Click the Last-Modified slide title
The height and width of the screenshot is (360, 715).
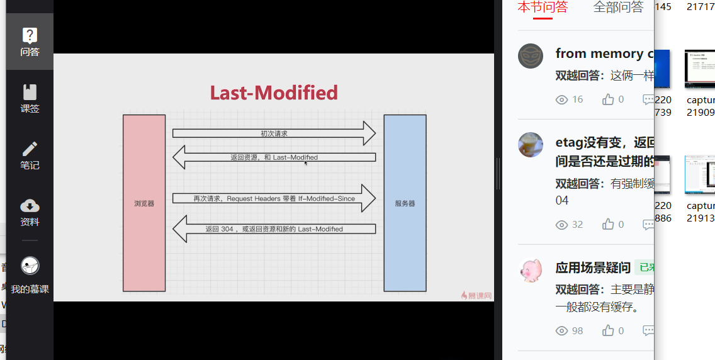pyautogui.click(x=274, y=93)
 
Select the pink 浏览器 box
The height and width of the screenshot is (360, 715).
pyautogui.click(x=144, y=203)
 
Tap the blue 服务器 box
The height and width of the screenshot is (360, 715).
pyautogui.click(x=405, y=203)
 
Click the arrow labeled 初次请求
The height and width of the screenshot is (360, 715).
pyautogui.click(x=274, y=133)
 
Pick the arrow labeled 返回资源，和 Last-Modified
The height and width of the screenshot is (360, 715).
pyautogui.click(x=274, y=157)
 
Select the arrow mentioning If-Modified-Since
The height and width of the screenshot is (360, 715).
pyautogui.click(x=274, y=198)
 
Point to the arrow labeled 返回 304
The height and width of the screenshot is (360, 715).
pyautogui.click(x=274, y=229)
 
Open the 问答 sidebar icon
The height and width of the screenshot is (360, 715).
pyautogui.click(x=30, y=42)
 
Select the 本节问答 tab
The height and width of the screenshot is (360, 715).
pyautogui.click(x=542, y=8)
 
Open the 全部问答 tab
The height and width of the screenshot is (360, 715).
pyautogui.click(x=618, y=8)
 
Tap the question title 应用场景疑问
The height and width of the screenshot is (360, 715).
pyautogui.click(x=593, y=268)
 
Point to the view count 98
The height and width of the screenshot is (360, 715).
pyautogui.click(x=577, y=331)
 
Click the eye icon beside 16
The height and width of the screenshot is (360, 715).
pyautogui.click(x=562, y=99)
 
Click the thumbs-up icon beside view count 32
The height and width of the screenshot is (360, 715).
pyautogui.click(x=608, y=225)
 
